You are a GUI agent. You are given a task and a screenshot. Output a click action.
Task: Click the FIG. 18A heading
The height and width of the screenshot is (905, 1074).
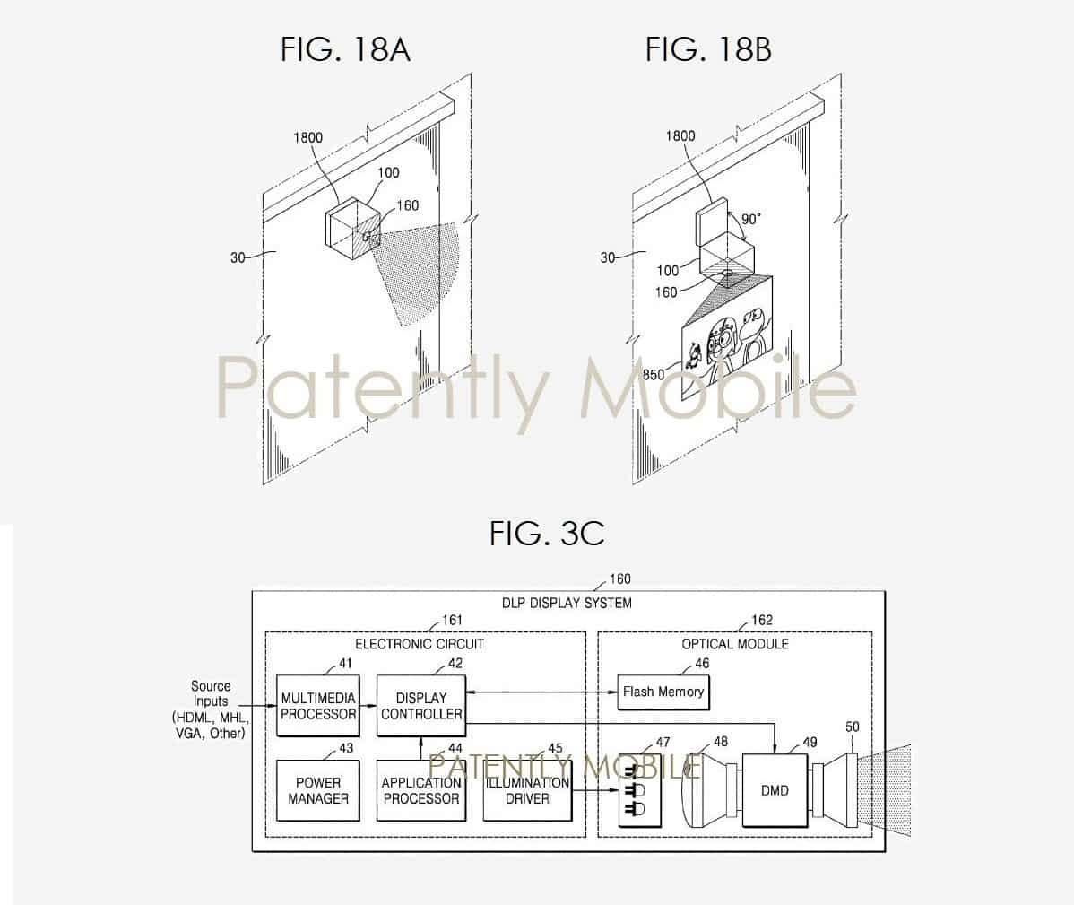pyautogui.click(x=345, y=49)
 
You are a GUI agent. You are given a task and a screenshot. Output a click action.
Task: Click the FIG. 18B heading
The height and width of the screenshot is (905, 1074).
pyautogui.click(x=708, y=49)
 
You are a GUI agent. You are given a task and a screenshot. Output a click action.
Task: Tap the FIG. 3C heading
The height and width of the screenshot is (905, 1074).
pyautogui.click(x=547, y=533)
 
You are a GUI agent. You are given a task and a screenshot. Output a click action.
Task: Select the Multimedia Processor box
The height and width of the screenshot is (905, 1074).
pyautogui.click(x=318, y=706)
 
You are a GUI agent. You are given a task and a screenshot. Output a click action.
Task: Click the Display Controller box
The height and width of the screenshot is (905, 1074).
pyautogui.click(x=421, y=706)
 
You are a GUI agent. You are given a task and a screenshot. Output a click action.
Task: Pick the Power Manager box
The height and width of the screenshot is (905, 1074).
pyautogui.click(x=318, y=790)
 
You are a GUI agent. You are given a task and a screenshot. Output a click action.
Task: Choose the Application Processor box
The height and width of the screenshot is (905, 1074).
pyautogui.click(x=421, y=790)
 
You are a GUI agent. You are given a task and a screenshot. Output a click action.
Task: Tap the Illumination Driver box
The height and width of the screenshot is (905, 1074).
pyautogui.click(x=527, y=790)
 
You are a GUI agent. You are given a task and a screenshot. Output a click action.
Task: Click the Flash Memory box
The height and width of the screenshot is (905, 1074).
pyautogui.click(x=663, y=692)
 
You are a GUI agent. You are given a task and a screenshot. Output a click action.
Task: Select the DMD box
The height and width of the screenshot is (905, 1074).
pyautogui.click(x=775, y=790)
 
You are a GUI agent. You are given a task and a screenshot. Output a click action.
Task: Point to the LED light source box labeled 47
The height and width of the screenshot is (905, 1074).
pyautogui.click(x=640, y=790)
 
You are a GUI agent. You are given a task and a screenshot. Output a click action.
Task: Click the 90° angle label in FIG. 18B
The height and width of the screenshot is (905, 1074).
pyautogui.click(x=750, y=219)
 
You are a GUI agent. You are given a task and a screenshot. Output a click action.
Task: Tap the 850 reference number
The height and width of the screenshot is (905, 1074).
pyautogui.click(x=654, y=374)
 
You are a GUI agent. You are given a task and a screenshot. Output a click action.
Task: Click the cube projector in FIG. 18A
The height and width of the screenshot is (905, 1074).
pyautogui.click(x=352, y=229)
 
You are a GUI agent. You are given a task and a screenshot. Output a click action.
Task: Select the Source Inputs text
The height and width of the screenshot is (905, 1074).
pyautogui.click(x=211, y=709)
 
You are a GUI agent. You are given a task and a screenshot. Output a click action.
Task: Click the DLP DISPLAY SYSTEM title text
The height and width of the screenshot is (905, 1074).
pyautogui.click(x=567, y=603)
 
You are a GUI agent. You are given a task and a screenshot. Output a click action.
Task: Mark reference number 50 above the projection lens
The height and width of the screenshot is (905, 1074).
pyautogui.click(x=852, y=727)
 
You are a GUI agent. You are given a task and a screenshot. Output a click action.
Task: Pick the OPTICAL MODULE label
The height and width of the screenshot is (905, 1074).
pyautogui.click(x=735, y=644)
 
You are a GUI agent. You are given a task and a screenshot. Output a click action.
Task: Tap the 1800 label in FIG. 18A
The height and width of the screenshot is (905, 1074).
pyautogui.click(x=307, y=137)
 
